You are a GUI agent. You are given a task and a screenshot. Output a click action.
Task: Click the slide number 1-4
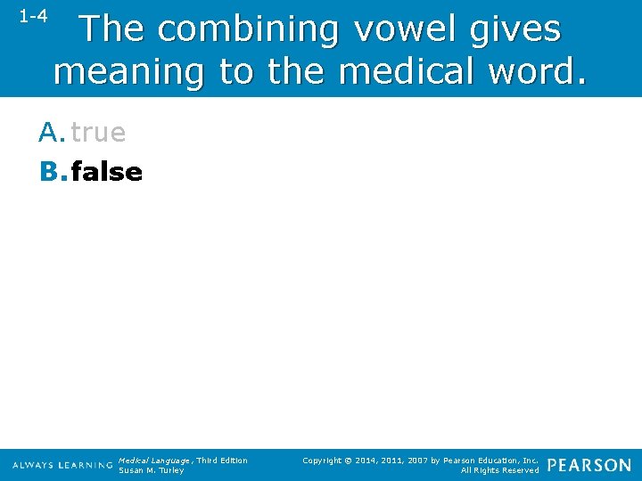click(x=33, y=16)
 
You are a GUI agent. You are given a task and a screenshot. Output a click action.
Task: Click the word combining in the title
click(x=250, y=30)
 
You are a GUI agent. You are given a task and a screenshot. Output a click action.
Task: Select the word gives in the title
click(x=518, y=30)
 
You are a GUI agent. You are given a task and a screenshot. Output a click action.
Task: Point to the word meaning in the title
click(x=128, y=71)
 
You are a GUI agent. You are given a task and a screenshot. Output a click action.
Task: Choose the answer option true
click(x=98, y=133)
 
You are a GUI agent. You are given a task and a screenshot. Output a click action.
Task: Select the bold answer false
click(x=106, y=171)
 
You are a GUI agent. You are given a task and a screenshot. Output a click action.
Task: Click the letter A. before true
click(x=52, y=133)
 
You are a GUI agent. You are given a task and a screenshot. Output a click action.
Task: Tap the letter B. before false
click(x=52, y=171)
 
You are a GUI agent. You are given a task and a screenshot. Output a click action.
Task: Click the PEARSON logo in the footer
click(x=589, y=465)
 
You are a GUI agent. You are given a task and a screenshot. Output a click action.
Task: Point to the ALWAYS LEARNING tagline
click(x=62, y=465)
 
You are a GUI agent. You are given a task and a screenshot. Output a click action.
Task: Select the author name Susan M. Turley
click(x=152, y=470)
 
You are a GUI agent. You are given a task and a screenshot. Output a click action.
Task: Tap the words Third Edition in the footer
click(x=222, y=461)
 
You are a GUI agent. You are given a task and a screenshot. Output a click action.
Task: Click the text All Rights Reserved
click(x=499, y=470)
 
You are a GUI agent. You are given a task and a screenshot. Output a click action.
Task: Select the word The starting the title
click(x=112, y=30)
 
